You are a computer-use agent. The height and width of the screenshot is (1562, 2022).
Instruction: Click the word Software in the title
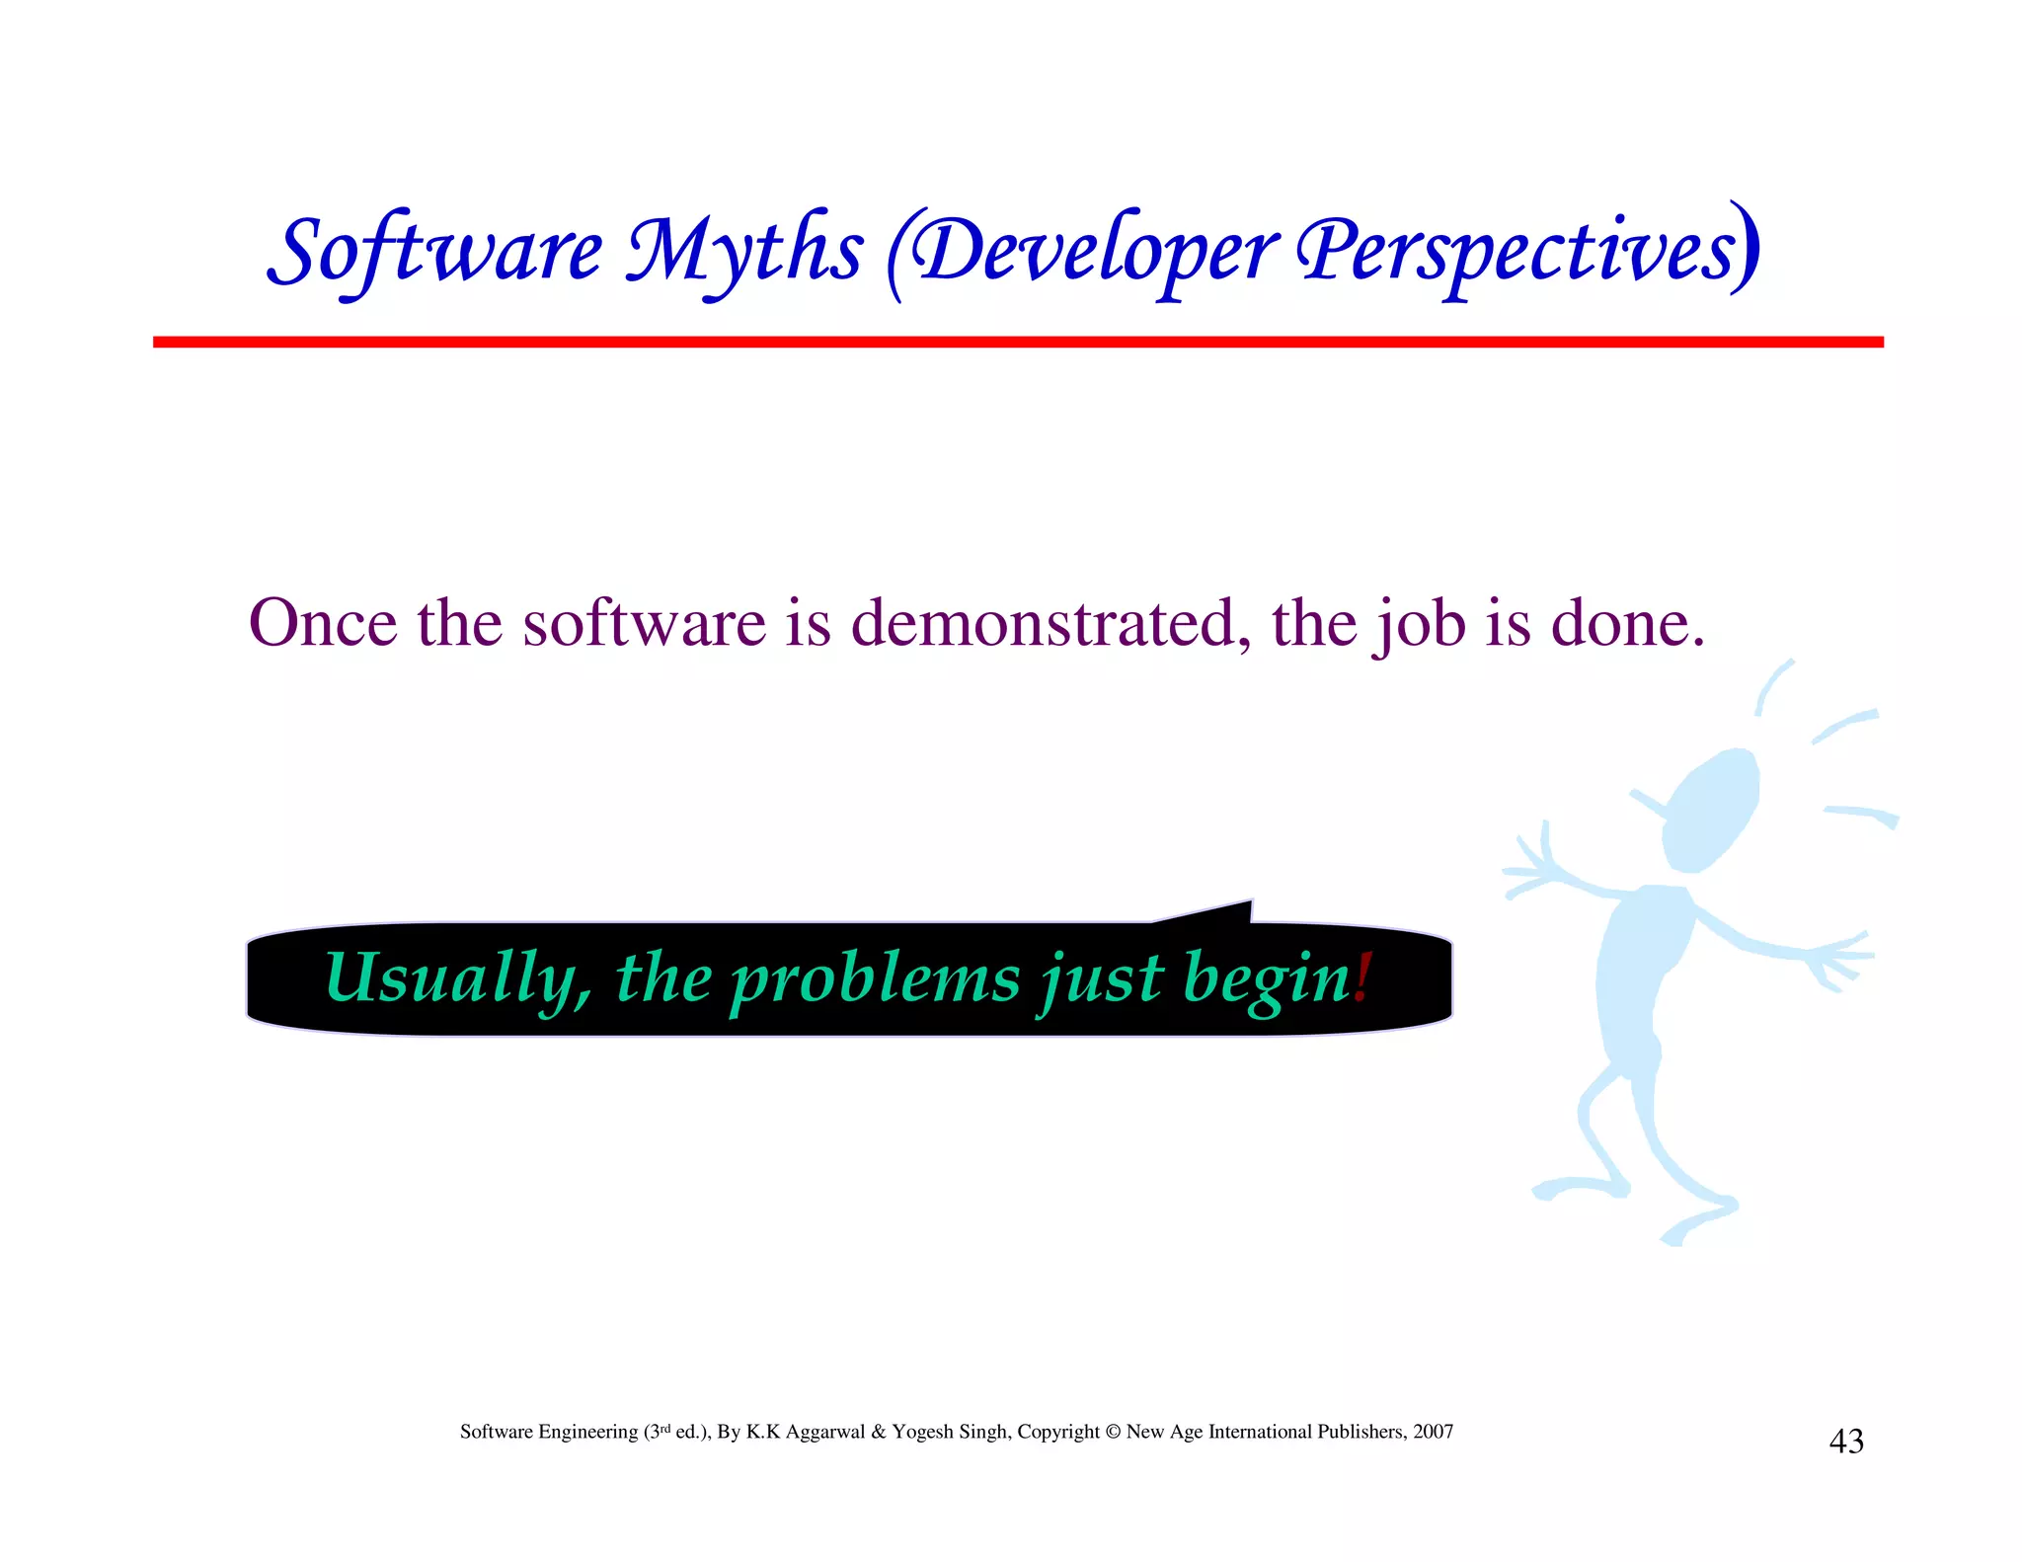(434, 252)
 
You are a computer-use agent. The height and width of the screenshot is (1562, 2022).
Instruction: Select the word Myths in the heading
(745, 252)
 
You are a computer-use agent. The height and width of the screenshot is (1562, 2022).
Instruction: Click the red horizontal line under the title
(1017, 342)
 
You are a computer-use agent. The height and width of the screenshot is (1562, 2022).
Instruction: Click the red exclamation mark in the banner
(1363, 977)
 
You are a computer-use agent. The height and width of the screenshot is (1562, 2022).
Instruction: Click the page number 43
(1846, 1442)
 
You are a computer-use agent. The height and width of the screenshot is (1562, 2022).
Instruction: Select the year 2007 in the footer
(1433, 1432)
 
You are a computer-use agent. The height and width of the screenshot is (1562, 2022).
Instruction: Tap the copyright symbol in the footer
(1113, 1432)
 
